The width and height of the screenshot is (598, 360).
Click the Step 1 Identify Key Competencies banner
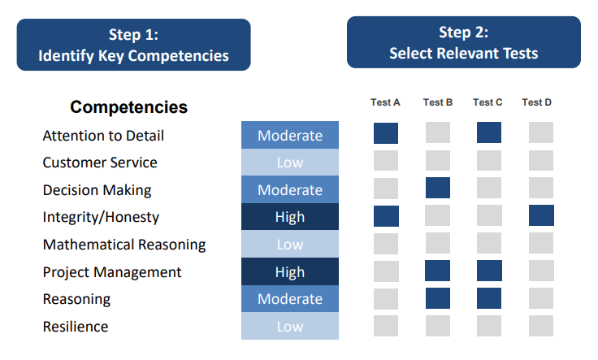click(133, 45)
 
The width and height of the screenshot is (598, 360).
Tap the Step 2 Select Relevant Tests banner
click(463, 42)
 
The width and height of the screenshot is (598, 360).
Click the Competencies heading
click(128, 107)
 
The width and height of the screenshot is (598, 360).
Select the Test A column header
click(385, 102)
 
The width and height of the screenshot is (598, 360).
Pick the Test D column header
click(537, 102)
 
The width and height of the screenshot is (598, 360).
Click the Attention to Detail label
click(103, 136)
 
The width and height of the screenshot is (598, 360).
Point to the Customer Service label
click(100, 163)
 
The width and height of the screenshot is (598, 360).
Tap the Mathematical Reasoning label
click(124, 245)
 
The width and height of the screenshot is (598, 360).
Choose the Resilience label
click(76, 327)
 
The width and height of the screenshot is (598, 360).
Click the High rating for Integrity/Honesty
click(290, 217)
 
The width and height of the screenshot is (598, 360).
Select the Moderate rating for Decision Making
click(290, 190)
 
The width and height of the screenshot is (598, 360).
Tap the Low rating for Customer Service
click(290, 163)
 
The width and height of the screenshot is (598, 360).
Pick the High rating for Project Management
click(290, 272)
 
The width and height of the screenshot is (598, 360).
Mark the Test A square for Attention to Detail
click(386, 133)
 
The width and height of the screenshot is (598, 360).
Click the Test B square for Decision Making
click(438, 189)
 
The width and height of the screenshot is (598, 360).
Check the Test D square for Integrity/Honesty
click(541, 215)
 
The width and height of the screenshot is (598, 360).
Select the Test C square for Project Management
click(489, 271)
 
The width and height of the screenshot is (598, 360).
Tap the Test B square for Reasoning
click(438, 298)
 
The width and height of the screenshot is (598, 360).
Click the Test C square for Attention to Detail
click(489, 133)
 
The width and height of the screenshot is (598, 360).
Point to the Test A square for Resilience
click(386, 326)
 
